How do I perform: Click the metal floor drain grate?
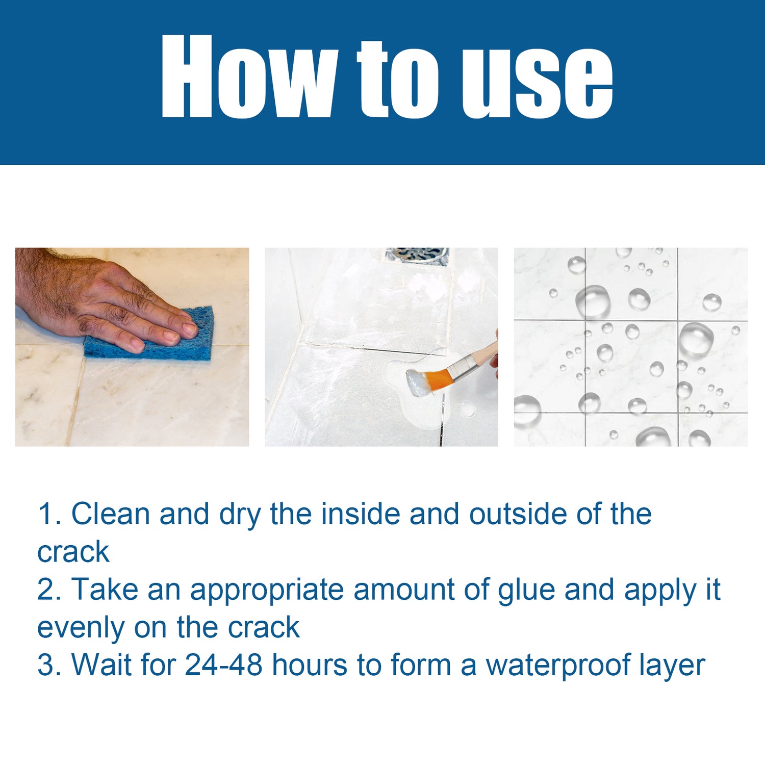coord(417,255)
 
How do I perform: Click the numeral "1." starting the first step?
coord(49,514)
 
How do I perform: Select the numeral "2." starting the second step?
coord(49,590)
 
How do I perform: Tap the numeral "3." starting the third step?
coord(49,665)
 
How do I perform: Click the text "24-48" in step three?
coord(223,665)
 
